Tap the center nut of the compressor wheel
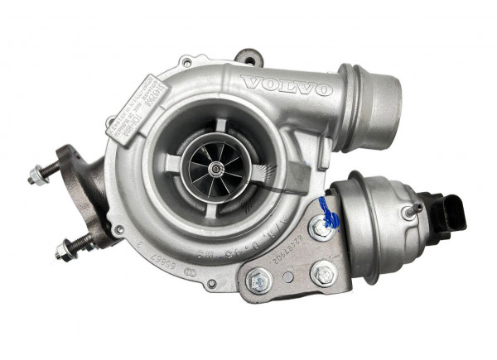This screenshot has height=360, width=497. (216, 168)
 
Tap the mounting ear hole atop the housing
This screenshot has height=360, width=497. (246, 58)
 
